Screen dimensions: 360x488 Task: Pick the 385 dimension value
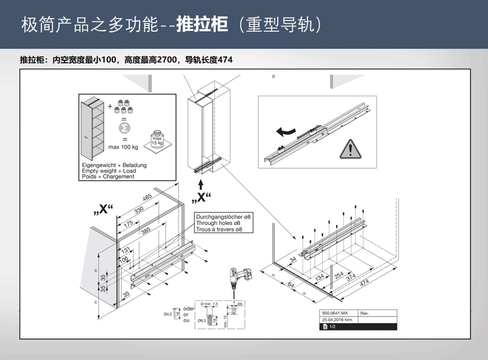pyautogui.click(x=145, y=232)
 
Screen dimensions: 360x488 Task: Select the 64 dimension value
pyautogui.click(x=291, y=284)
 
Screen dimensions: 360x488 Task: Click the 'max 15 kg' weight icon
pyautogui.click(x=157, y=139)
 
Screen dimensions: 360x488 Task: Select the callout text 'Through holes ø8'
pyautogui.click(x=218, y=223)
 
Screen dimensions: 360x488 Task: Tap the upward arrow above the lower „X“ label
pyautogui.click(x=201, y=184)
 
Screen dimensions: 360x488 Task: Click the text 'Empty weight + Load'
pyautogui.click(x=109, y=171)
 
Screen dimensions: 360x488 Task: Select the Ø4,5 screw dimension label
pyautogui.click(x=168, y=314)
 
